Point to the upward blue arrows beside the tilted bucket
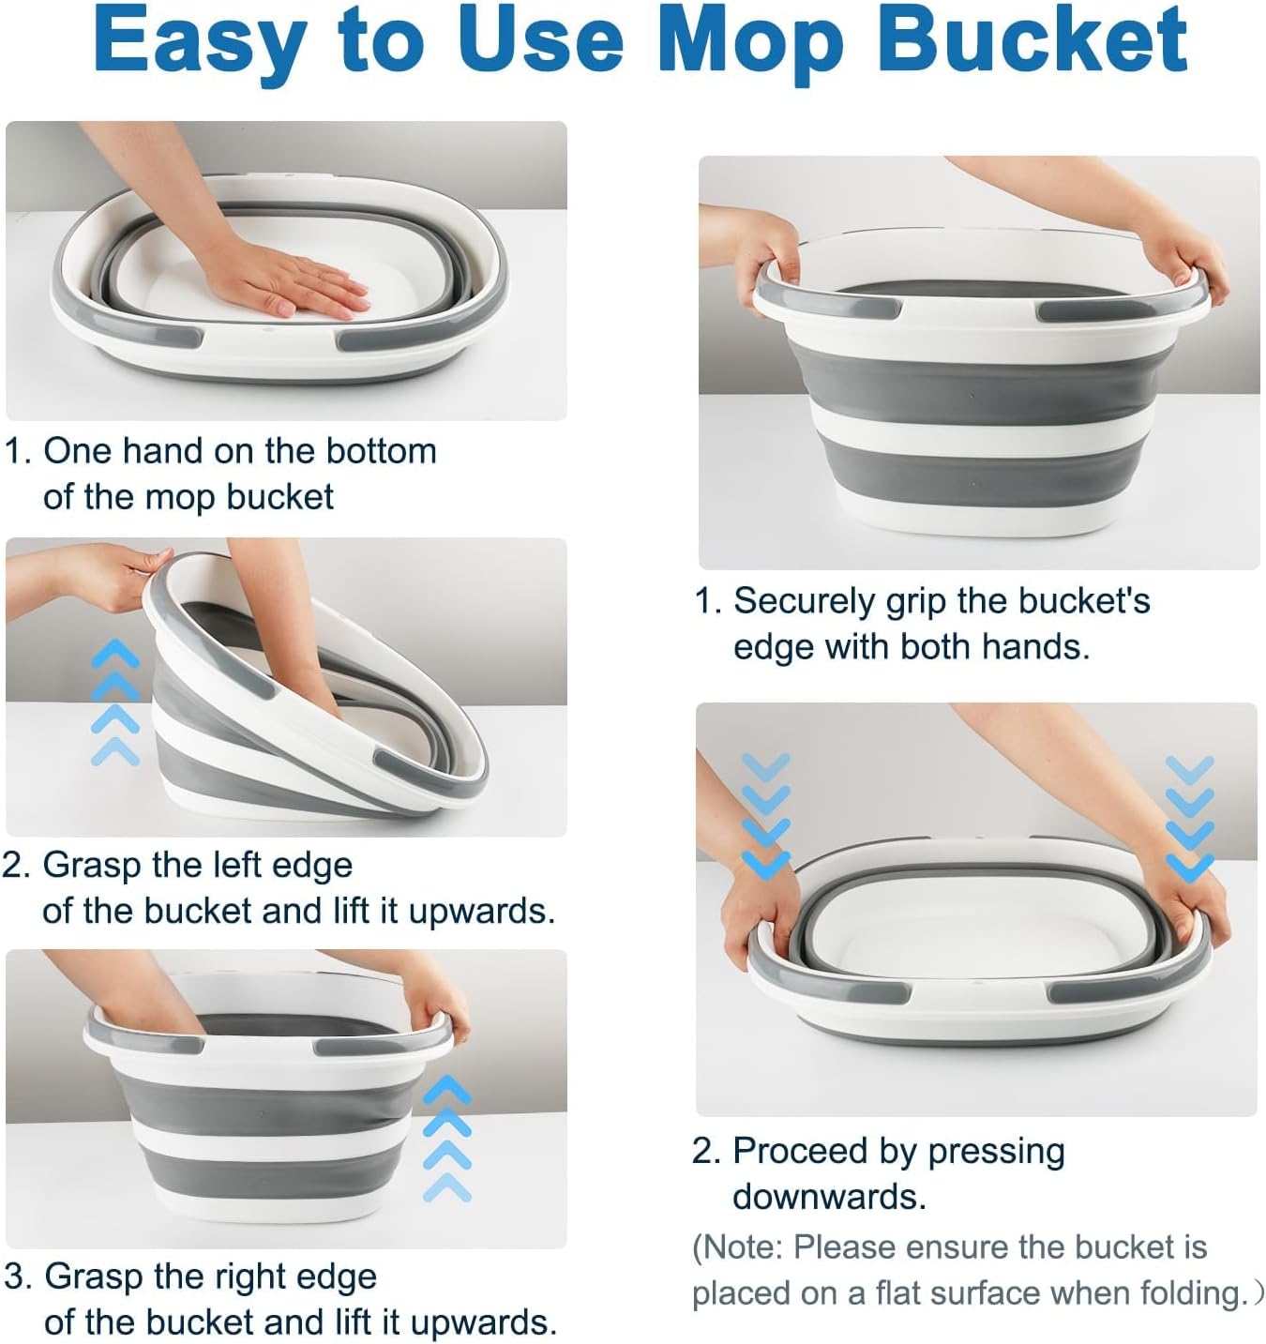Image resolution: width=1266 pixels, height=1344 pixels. point(114,702)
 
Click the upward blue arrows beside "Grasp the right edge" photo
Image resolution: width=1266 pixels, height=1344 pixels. point(447,1139)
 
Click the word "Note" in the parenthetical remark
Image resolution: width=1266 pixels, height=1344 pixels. point(742,1247)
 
